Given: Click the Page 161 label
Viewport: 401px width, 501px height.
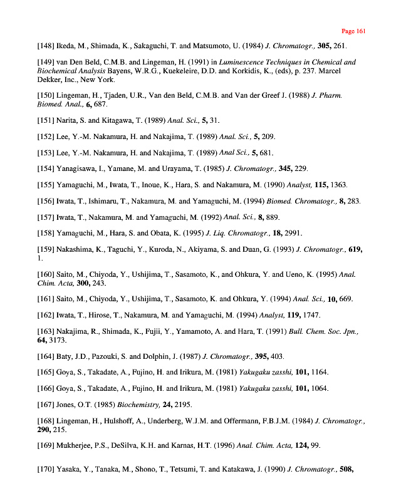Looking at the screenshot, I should tap(353, 31).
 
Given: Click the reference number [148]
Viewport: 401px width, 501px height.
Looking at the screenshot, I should tap(47, 46).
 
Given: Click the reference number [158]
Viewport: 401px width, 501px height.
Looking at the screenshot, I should tap(47, 233).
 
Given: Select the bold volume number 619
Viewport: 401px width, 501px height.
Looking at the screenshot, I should tap(354, 249).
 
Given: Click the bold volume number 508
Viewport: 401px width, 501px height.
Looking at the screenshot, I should tap(346, 469).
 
